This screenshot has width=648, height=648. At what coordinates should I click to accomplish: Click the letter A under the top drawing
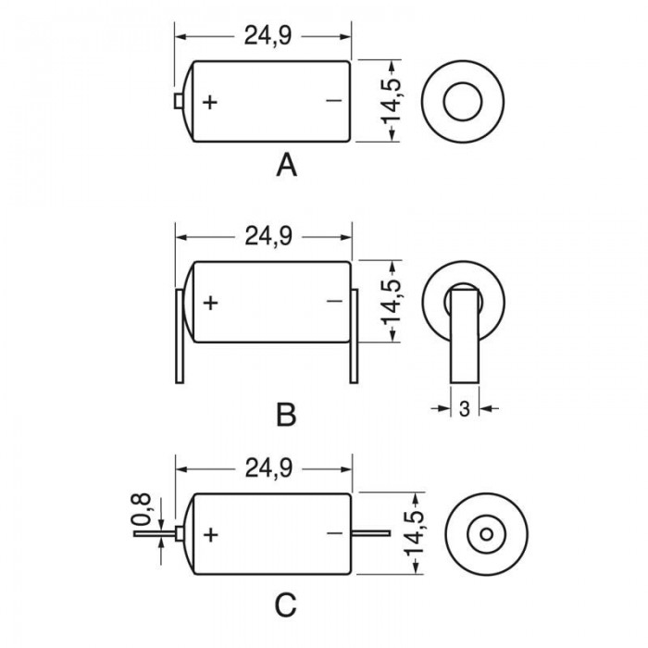[x=286, y=165]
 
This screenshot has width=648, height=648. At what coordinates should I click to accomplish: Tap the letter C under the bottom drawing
[x=285, y=605]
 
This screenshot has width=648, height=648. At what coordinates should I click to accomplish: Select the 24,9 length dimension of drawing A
[x=268, y=35]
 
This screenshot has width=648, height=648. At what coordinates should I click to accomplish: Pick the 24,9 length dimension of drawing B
[x=268, y=236]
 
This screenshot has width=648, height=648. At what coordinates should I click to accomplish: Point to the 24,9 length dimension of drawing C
[x=268, y=468]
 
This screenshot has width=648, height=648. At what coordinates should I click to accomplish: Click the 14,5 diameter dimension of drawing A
[x=391, y=101]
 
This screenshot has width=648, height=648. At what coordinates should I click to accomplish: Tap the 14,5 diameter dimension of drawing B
[x=391, y=302]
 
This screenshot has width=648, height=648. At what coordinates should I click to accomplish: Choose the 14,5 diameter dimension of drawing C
[x=415, y=533]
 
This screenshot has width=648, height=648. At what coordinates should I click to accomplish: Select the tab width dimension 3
[x=465, y=409]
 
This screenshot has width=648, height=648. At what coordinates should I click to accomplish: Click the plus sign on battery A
[x=210, y=102]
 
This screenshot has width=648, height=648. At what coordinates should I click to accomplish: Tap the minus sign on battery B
[x=334, y=301]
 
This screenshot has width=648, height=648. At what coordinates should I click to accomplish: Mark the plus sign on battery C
[x=211, y=535]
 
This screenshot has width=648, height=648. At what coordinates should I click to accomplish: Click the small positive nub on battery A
[x=179, y=101]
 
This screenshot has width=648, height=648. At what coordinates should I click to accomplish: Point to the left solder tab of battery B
[x=180, y=336]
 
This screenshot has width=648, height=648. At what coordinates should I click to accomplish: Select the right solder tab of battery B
[x=354, y=336]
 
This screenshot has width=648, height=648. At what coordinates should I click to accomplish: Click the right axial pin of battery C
[x=370, y=533]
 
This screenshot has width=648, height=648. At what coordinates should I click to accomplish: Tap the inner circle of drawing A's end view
[x=463, y=82]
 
